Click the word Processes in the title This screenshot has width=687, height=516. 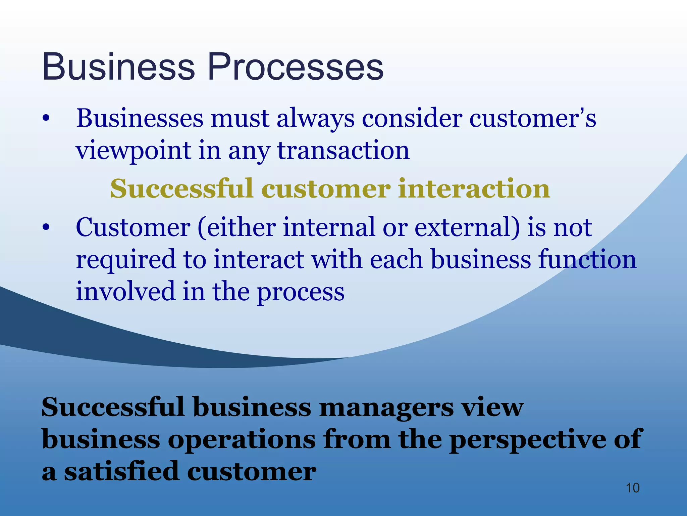click(x=296, y=67)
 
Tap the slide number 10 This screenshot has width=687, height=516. click(x=633, y=488)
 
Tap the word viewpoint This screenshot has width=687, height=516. click(x=134, y=150)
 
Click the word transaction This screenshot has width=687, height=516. click(x=343, y=150)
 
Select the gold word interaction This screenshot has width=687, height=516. click(x=474, y=189)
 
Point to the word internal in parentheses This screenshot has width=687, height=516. click(x=329, y=227)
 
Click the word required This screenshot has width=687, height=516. click(x=126, y=260)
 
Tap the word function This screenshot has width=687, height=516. click(x=587, y=260)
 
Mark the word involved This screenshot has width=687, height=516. click(x=125, y=291)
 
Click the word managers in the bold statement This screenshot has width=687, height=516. click(x=386, y=407)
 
